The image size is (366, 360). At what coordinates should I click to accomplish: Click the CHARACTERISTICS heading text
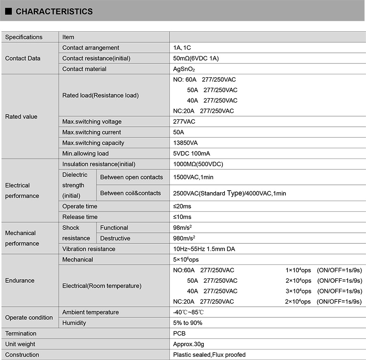click(54, 12)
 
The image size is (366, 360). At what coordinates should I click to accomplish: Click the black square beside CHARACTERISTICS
click(8, 12)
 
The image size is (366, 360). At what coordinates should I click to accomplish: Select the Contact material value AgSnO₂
click(185, 69)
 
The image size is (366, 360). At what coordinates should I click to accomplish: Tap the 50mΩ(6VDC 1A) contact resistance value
click(196, 59)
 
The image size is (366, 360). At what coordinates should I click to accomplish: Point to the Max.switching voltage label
click(92, 122)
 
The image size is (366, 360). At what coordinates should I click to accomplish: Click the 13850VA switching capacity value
click(185, 143)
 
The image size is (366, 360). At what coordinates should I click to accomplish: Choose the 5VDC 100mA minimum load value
click(192, 154)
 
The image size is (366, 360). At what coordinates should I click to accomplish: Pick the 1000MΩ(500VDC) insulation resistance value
click(198, 164)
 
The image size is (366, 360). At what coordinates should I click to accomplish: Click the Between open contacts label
click(131, 177)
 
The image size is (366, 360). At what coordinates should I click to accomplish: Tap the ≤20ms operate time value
click(182, 206)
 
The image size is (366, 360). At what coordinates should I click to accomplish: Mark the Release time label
click(80, 217)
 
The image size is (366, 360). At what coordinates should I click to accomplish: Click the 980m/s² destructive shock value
click(185, 238)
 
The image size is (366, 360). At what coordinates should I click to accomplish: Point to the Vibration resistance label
click(89, 249)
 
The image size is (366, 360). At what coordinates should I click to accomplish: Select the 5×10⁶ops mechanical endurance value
click(186, 260)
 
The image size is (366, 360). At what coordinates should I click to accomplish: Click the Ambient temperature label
click(91, 312)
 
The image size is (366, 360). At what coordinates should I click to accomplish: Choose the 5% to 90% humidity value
click(187, 323)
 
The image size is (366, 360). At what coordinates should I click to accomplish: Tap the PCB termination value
click(179, 334)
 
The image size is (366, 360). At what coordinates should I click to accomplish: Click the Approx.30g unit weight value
click(188, 344)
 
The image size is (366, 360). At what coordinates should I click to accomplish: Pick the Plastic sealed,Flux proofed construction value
click(209, 355)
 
